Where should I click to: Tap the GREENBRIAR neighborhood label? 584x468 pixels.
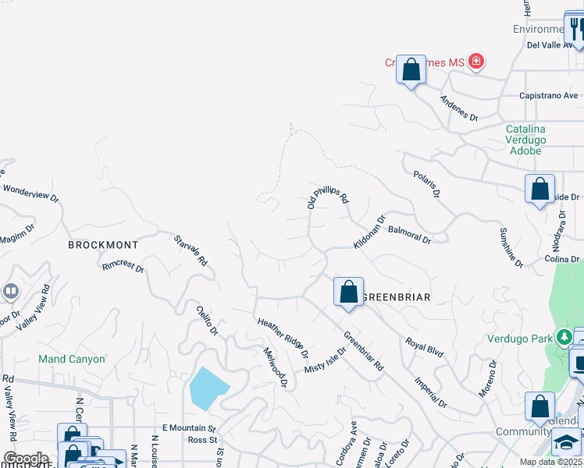click(x=398, y=297)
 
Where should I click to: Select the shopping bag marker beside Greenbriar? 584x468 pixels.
click(x=348, y=292)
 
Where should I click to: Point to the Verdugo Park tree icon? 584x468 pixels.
click(x=564, y=338)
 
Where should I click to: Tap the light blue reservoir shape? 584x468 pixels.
click(x=208, y=388)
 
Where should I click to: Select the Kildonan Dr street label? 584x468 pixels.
click(x=369, y=232)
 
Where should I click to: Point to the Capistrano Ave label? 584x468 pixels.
click(x=548, y=96)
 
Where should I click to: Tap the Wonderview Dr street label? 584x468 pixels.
click(x=30, y=193)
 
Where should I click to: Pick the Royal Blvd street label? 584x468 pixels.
click(x=424, y=348)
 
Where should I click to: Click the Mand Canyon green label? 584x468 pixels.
click(x=72, y=360)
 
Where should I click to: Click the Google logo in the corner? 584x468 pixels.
click(x=25, y=459)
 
